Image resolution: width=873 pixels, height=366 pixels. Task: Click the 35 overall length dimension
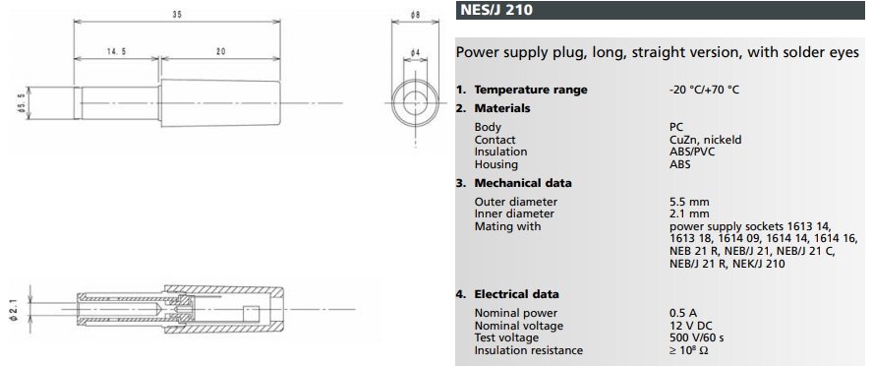click(177, 15)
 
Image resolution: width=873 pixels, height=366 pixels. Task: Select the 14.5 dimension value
click(116, 51)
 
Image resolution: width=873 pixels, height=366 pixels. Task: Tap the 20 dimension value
click(221, 51)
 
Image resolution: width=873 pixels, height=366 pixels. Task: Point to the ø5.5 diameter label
click(22, 103)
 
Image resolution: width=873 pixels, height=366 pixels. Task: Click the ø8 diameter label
click(415, 15)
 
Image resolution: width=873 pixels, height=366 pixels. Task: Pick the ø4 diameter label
click(415, 52)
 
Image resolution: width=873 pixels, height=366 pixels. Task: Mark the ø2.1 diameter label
click(14, 309)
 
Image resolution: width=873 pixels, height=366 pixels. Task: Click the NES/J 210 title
click(496, 10)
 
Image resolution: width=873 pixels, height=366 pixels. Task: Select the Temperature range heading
click(531, 90)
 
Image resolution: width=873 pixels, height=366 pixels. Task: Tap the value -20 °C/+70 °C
click(704, 90)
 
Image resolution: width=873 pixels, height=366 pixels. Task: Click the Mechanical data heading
click(523, 183)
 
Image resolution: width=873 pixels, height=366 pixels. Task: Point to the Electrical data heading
click(517, 294)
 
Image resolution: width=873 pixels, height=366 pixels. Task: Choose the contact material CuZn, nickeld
click(706, 140)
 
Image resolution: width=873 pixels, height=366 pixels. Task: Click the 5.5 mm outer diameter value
click(689, 202)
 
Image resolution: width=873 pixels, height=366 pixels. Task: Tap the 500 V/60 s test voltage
click(696, 337)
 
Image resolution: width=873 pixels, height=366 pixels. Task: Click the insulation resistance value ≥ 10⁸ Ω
click(689, 350)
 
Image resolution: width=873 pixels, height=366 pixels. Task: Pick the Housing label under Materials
click(496, 165)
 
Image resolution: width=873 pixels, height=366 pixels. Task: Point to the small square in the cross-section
click(251, 313)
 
